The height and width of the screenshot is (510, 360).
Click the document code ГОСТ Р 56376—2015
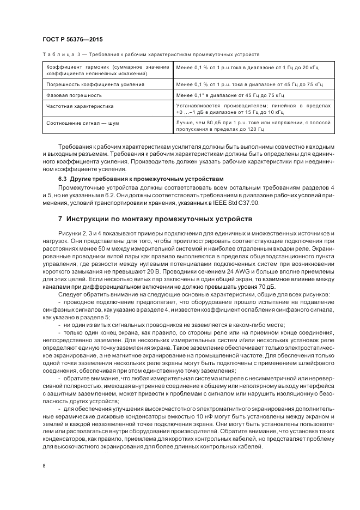point(72,40)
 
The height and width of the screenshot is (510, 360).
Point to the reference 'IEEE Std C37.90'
point(239,203)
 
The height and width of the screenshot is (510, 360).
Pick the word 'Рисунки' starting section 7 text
point(69,233)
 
